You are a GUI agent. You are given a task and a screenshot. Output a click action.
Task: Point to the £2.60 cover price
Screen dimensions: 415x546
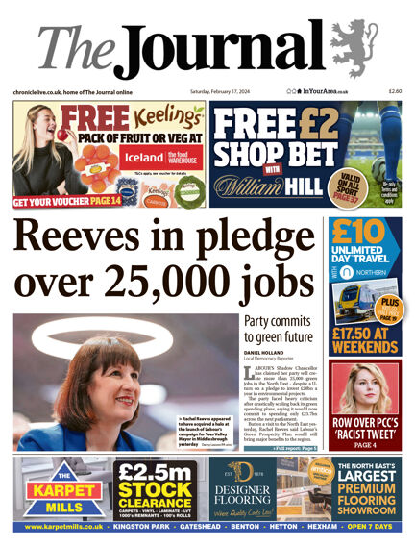(393, 91)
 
